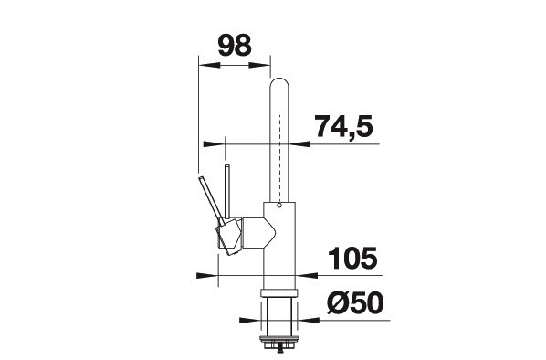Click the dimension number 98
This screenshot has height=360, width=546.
(235, 46)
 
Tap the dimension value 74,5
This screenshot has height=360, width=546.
(343, 127)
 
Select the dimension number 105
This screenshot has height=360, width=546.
(352, 259)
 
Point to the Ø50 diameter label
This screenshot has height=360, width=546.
(355, 302)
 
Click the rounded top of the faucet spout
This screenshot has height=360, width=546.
(279, 83)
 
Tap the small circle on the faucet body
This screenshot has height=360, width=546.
(279, 206)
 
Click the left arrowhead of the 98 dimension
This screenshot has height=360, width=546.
(209, 65)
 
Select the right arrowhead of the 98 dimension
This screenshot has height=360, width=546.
(260, 65)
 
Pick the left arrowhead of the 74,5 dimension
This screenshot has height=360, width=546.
(214, 144)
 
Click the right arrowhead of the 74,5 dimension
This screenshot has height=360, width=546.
(299, 144)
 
